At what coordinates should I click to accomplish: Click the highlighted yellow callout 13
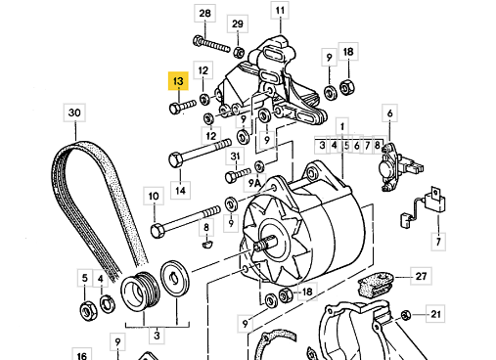point(178,80)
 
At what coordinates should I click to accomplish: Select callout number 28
point(204,14)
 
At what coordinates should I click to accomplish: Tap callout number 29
point(238,23)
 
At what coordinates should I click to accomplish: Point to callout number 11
point(280,11)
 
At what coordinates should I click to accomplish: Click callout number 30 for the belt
point(74,112)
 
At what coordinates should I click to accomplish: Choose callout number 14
point(180,190)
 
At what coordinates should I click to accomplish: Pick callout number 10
point(154,196)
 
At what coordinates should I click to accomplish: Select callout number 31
point(235,157)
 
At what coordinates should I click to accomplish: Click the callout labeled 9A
point(254,183)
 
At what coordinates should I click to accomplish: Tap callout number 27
point(421,276)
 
